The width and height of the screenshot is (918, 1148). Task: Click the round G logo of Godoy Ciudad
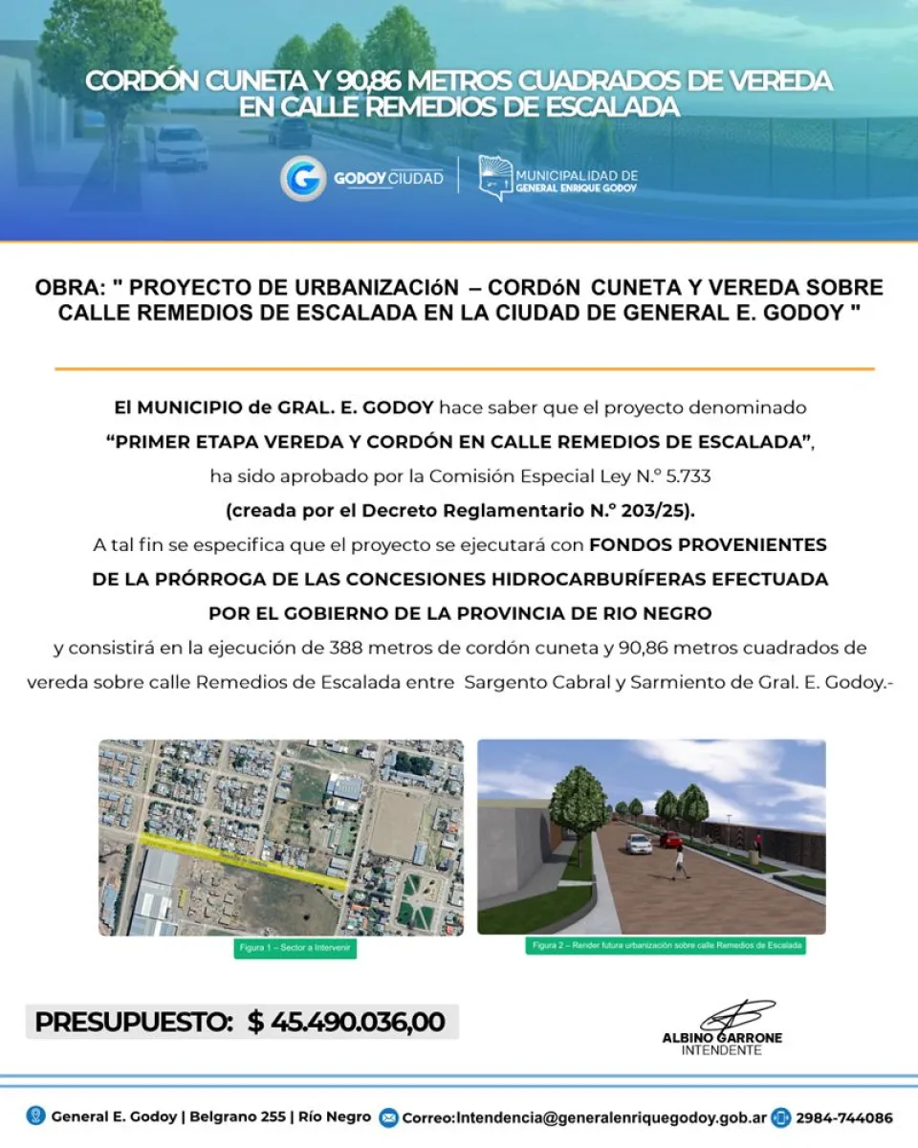pos(303,179)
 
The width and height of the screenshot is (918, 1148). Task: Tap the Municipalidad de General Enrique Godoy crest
pos(493,178)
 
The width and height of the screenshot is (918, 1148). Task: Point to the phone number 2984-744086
pos(843,1117)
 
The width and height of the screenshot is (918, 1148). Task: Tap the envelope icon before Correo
pos(388,1117)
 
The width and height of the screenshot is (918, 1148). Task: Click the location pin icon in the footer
pos(35,1116)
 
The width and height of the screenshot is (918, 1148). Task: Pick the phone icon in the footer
pos(781,1117)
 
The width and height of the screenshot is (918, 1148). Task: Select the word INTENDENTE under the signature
pos(722,1050)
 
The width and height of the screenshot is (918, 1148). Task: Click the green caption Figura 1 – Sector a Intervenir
pos(295,950)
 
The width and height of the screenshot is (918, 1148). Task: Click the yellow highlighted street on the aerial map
pos(244,858)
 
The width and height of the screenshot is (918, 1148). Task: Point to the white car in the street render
pos(639,843)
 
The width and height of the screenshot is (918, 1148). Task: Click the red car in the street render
pos(670,839)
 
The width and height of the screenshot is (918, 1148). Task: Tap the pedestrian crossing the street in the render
pos(680,864)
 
